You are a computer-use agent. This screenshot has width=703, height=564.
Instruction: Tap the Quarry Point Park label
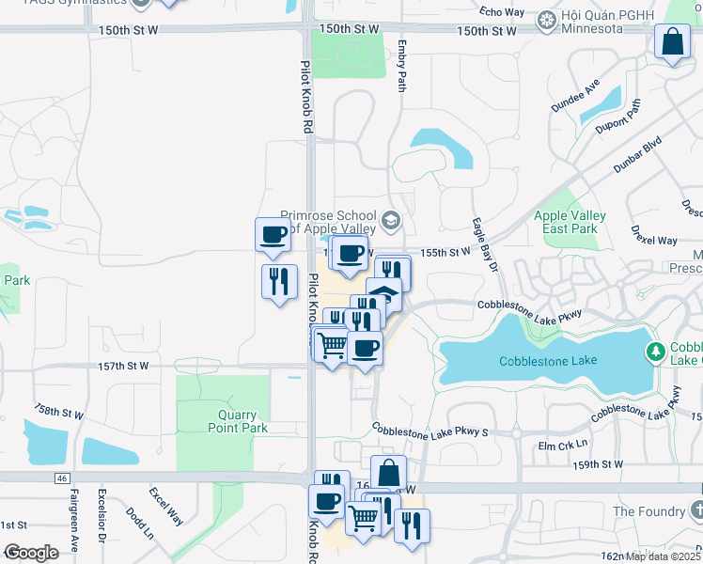coord(238,421)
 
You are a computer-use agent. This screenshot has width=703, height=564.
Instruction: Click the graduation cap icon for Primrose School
coord(391,223)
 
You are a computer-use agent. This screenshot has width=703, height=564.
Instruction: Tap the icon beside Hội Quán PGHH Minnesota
coord(546,20)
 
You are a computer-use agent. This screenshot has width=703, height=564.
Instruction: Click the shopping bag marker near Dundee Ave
coord(672,42)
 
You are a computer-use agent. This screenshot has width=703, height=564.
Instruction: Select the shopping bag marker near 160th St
coord(388,473)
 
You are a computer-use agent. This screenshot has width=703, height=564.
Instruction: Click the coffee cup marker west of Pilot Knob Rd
coord(273,235)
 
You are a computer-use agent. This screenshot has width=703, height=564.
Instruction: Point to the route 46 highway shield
coord(61,478)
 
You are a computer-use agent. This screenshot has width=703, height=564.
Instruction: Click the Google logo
coord(31,553)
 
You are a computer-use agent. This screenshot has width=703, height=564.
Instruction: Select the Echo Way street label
coord(501,11)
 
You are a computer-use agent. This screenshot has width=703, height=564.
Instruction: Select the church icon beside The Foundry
coord(695,510)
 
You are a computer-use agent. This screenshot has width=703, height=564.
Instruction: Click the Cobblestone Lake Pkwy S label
coord(430,431)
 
